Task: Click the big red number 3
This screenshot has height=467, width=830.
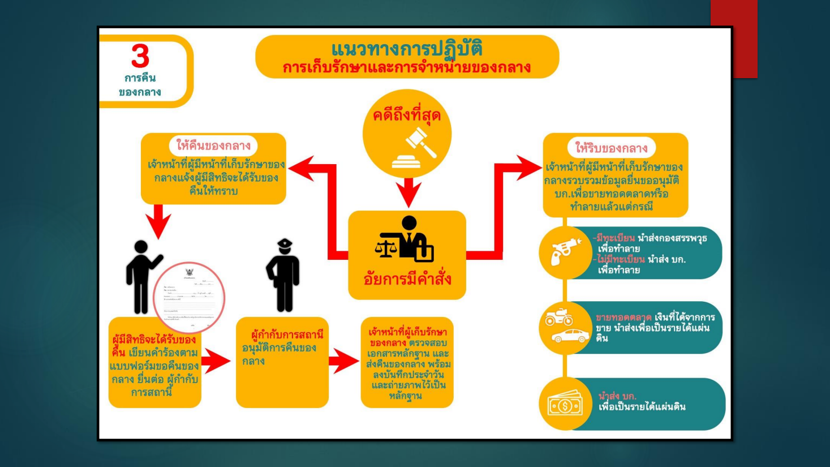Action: coord(140,56)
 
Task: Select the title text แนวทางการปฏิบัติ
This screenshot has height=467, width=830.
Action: coord(407,49)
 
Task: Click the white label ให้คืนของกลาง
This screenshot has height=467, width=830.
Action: coord(213,145)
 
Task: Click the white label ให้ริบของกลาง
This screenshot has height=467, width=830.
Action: coord(611,148)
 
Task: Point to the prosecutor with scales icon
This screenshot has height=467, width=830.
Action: coord(405,239)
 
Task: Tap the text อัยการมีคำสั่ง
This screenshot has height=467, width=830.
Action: coord(407,279)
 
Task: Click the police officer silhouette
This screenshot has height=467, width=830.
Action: coord(283,276)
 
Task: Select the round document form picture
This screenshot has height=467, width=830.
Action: coord(189,297)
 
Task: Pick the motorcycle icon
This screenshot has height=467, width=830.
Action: coord(558,317)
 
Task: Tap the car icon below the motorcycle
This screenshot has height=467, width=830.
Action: coord(570,336)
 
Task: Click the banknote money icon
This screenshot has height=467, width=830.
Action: coord(565,405)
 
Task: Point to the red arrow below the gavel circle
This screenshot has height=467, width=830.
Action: coord(408,192)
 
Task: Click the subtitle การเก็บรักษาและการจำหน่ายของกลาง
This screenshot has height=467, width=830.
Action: coord(407,68)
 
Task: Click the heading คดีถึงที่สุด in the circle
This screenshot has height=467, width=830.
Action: coord(406,115)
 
